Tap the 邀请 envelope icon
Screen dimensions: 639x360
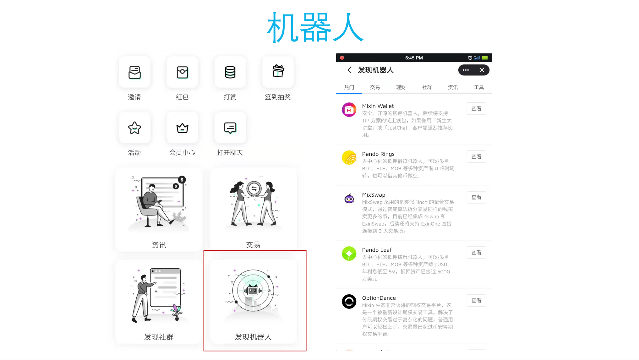click(134, 72)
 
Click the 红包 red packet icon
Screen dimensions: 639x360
click(182, 72)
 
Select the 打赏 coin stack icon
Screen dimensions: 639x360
click(230, 72)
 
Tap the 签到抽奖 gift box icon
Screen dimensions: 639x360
click(278, 71)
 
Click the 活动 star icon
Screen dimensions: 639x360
click(134, 128)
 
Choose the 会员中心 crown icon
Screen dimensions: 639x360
click(182, 128)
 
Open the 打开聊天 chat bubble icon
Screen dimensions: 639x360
click(230, 128)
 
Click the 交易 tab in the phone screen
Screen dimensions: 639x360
click(375, 87)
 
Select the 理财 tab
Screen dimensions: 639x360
click(401, 87)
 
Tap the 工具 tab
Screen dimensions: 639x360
click(479, 87)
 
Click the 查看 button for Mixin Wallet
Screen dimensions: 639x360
click(476, 109)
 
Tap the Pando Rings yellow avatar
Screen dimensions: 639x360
click(349, 158)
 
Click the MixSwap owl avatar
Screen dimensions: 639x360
click(349, 199)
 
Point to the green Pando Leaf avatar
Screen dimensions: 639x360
click(349, 254)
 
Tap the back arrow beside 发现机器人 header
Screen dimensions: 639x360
click(349, 70)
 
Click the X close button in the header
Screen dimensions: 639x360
click(482, 70)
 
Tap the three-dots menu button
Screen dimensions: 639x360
click(466, 70)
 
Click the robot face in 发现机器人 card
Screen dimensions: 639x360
click(253, 291)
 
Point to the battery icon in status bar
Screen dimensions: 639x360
click(485, 58)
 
